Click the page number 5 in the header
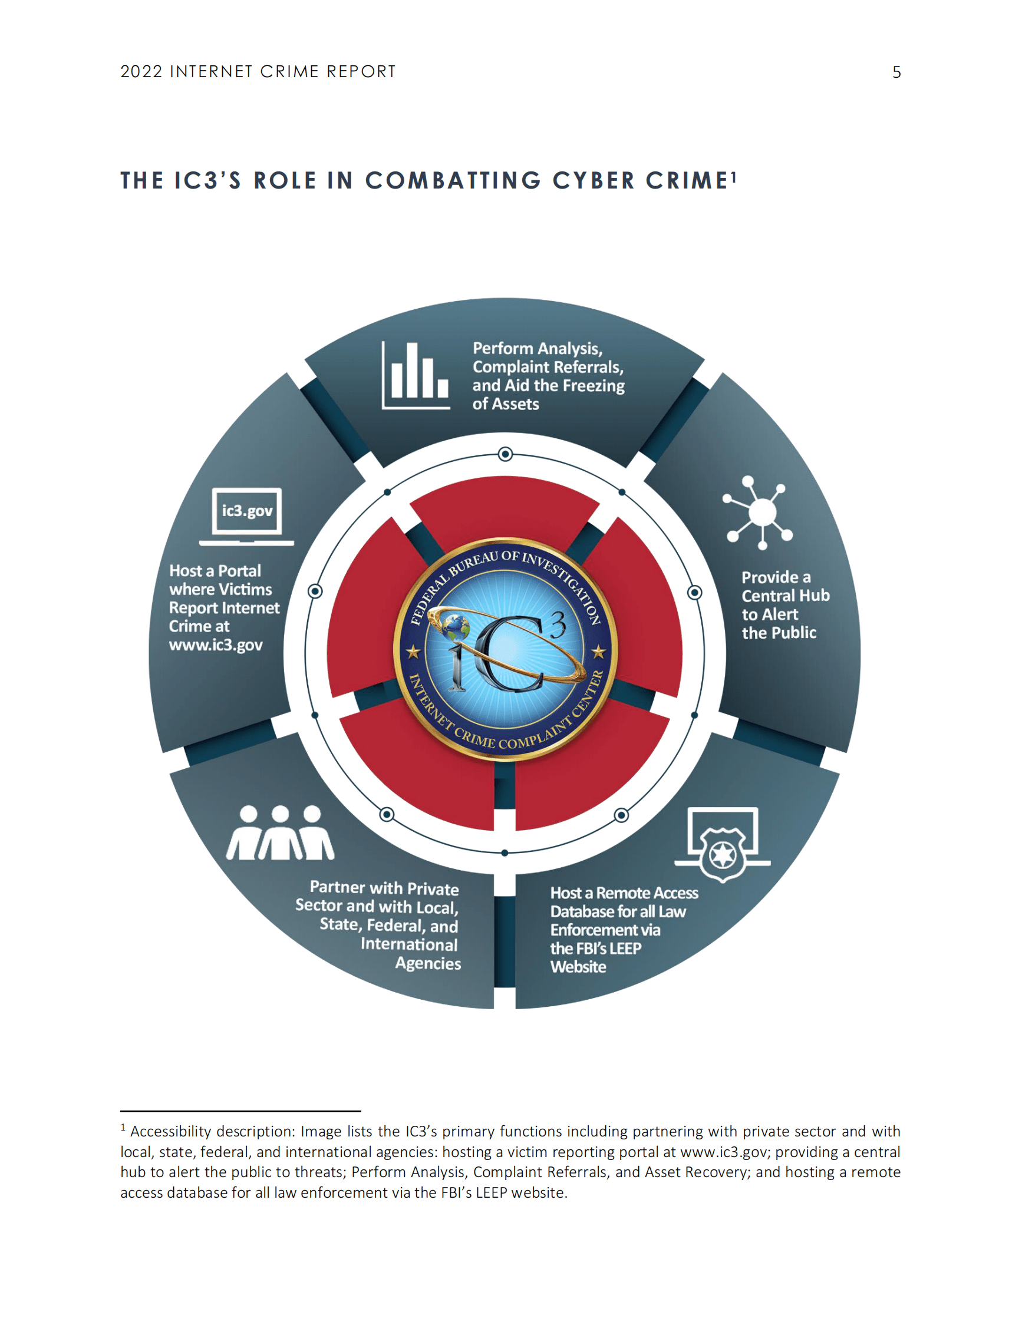click(896, 72)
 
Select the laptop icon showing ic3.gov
click(246, 516)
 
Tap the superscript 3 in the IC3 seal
click(557, 623)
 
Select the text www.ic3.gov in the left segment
click(216, 645)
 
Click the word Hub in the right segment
click(814, 596)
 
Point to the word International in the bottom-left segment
click(409, 944)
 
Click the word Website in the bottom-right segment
click(578, 967)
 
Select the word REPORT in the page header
click(361, 72)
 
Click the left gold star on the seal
click(414, 652)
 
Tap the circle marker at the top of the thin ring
click(505, 454)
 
